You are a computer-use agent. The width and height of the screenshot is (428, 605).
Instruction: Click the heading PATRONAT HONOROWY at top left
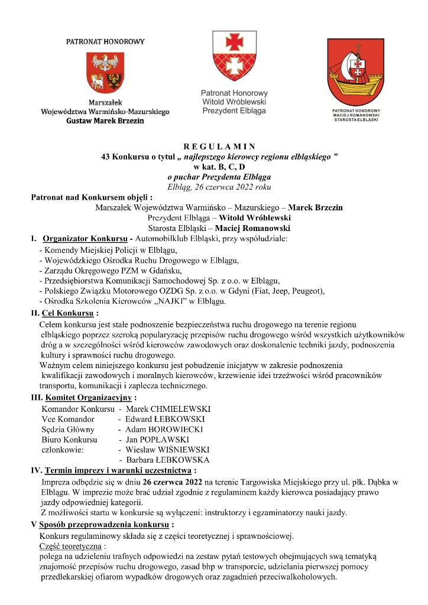point(105,42)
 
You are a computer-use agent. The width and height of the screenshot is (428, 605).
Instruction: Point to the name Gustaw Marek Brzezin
point(105,120)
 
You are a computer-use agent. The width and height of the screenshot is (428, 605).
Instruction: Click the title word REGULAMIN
point(219,146)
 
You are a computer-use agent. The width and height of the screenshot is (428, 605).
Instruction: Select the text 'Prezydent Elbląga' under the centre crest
point(234,110)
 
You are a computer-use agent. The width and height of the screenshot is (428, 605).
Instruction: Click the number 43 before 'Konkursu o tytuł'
point(106,157)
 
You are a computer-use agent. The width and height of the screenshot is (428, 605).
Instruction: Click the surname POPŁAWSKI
point(168,440)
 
